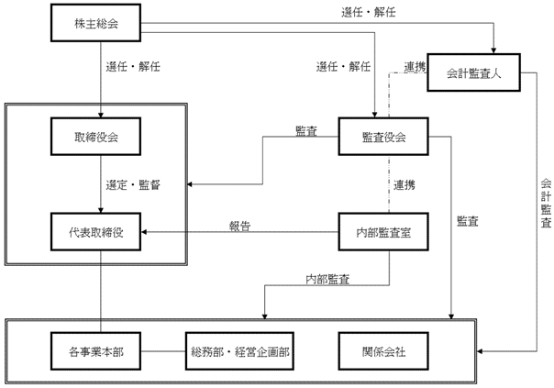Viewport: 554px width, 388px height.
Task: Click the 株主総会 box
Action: click(95, 24)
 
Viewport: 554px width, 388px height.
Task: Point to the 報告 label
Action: click(240, 225)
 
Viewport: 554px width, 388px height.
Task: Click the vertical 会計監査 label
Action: click(545, 202)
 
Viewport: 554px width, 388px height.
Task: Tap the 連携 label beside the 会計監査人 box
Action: click(415, 67)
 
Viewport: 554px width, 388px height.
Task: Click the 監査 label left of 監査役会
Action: click(306, 131)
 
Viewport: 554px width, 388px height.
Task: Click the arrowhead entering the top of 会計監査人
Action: click(496, 50)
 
